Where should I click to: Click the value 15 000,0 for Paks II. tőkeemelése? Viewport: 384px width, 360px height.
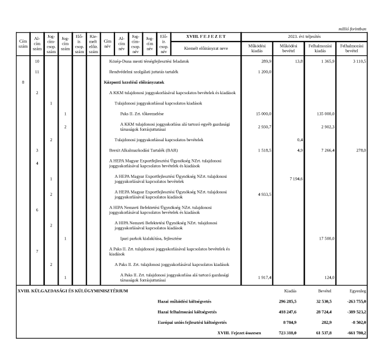click(262, 114)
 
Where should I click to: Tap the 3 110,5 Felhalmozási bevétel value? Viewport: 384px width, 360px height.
click(356, 62)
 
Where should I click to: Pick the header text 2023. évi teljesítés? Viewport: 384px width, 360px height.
click(303, 37)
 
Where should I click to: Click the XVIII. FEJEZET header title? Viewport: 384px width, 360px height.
click(205, 37)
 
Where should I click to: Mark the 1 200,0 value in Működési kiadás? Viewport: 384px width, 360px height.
click(263, 72)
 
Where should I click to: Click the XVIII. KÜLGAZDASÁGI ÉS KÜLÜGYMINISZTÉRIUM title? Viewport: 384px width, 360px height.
click(72, 291)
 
